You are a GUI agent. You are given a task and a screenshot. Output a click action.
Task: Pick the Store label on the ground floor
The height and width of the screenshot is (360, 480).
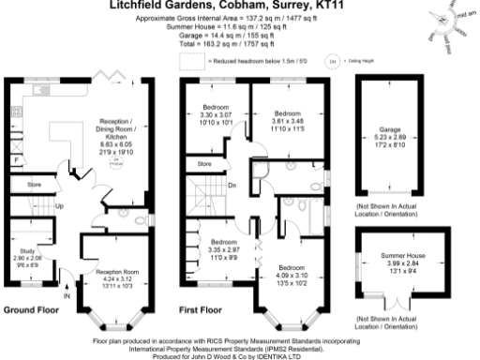coord(35,185)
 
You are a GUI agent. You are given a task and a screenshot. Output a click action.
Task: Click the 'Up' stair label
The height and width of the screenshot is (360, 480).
coord(59,206)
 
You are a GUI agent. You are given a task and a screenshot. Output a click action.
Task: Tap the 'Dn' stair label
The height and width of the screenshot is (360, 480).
coord(232,185)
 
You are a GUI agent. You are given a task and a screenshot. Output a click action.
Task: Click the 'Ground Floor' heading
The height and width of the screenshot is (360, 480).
coord(32,309)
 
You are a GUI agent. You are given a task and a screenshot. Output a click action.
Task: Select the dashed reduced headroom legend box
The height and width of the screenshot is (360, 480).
coord(191,60)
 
